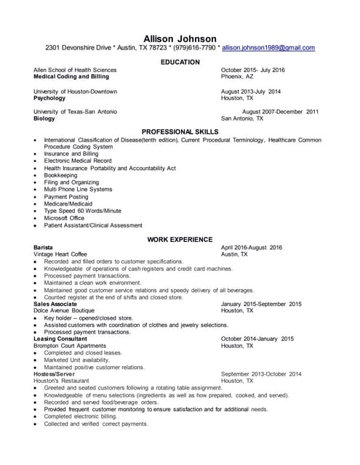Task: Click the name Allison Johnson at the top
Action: (x=180, y=38)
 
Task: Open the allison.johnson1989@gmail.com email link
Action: (x=268, y=48)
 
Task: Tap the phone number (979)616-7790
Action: (x=192, y=48)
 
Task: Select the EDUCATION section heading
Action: (x=180, y=62)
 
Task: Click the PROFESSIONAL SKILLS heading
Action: (x=180, y=132)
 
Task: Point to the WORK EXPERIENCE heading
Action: (x=180, y=239)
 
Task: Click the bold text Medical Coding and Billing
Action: (x=71, y=76)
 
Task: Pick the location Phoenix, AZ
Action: (x=237, y=76)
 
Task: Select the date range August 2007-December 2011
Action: (x=280, y=112)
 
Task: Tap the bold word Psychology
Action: (x=49, y=97)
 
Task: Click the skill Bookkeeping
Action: (x=63, y=175)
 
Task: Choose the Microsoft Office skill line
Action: (x=64, y=218)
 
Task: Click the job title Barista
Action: (x=43, y=248)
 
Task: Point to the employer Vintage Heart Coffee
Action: (x=60, y=255)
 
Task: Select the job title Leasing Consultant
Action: (x=60, y=339)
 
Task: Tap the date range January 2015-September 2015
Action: (x=261, y=304)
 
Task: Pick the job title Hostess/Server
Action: (x=55, y=373)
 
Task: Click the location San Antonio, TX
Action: (x=242, y=118)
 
